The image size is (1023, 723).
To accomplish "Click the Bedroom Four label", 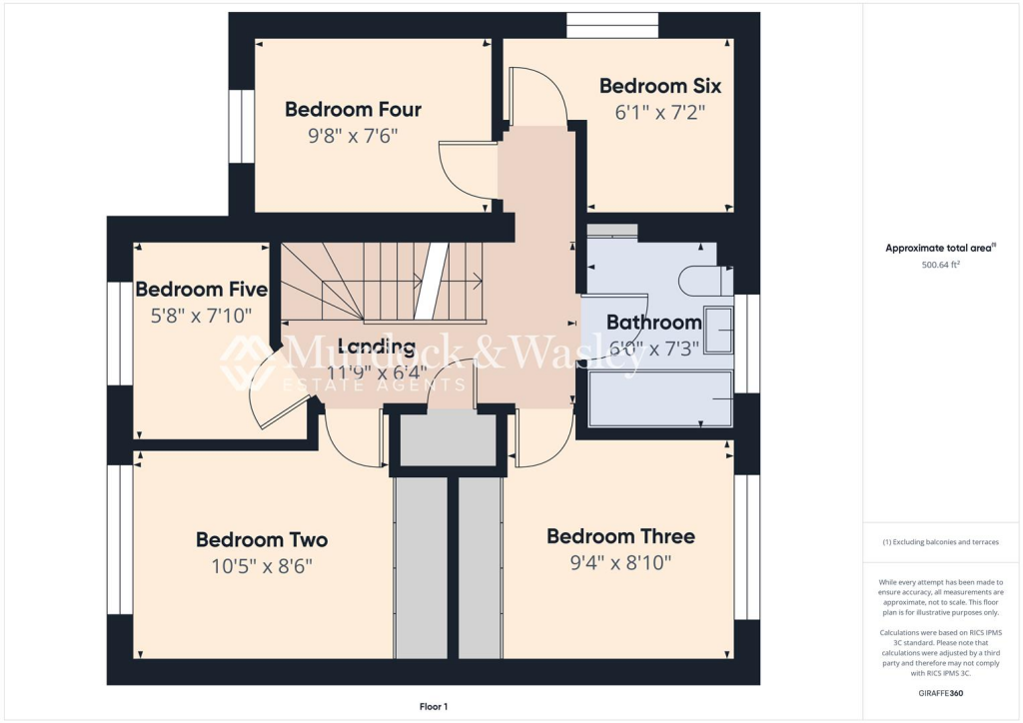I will (353, 110).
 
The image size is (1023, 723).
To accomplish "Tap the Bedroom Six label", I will (659, 87).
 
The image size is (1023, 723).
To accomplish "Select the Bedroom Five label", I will (201, 290).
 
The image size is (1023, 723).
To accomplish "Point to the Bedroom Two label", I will (261, 540).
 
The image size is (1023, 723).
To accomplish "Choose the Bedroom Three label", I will (620, 536).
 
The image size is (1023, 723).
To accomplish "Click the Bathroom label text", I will (653, 323).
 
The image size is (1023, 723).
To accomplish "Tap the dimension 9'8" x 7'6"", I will (353, 136).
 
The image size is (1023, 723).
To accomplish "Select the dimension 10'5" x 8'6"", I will (261, 566).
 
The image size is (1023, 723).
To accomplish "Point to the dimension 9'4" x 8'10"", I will (620, 563).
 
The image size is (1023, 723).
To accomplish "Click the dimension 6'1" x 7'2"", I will (659, 113).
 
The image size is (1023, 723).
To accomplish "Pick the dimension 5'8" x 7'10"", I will (194, 316).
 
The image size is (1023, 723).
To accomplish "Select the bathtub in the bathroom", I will (660, 399).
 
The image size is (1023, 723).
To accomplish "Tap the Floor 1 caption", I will (434, 707).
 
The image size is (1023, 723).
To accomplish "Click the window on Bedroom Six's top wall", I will (611, 25).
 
